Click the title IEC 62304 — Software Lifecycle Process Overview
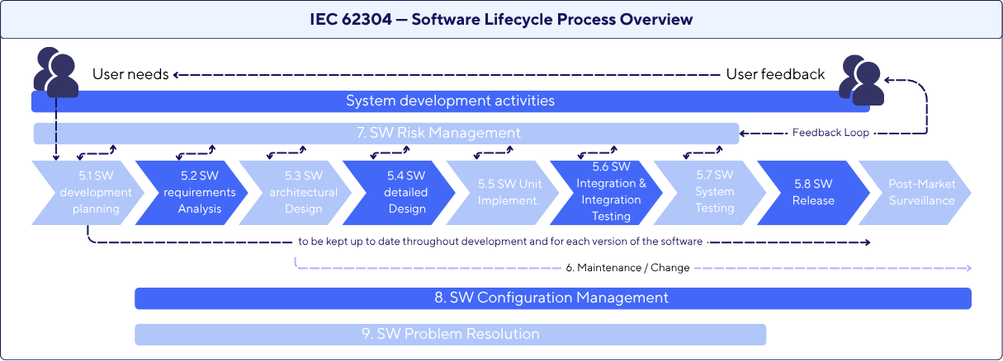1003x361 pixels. click(x=501, y=19)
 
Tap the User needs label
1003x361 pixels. click(x=130, y=74)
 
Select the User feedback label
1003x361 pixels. click(x=775, y=74)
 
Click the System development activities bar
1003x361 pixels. click(x=450, y=101)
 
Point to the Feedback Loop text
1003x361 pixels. click(x=830, y=133)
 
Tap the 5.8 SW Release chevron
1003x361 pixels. click(x=814, y=192)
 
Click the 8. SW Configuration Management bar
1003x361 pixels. click(x=552, y=298)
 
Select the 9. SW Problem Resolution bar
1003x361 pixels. click(x=450, y=334)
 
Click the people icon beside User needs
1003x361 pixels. click(x=55, y=73)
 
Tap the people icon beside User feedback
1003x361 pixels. click(x=861, y=80)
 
